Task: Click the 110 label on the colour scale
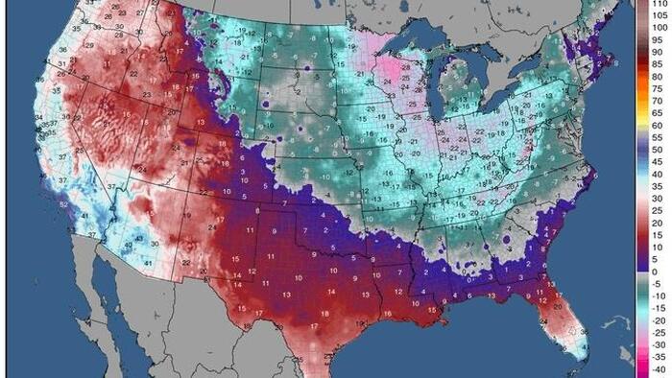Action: click(659, 5)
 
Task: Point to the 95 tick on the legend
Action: click(659, 41)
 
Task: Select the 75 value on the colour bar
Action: click(659, 89)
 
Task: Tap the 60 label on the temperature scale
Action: click(659, 126)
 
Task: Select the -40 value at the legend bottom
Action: click(659, 368)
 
